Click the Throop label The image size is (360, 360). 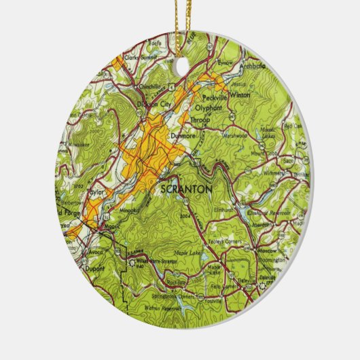pos(202,120)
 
